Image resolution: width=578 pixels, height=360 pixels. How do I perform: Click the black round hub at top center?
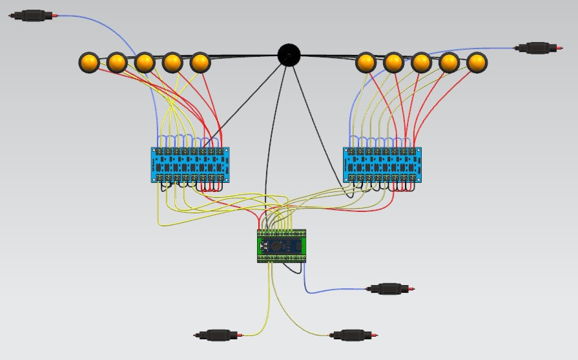(x=289, y=55)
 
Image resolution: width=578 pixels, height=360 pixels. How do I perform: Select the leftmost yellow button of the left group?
(x=89, y=63)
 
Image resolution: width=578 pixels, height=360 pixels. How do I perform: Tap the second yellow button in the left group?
(x=117, y=63)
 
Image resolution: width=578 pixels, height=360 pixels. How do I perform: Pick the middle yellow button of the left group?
(x=145, y=63)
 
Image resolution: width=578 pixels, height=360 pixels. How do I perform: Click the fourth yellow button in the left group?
(x=172, y=63)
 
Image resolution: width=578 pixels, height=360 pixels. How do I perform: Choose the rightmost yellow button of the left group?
(x=201, y=63)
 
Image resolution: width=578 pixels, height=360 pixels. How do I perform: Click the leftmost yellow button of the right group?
(x=366, y=63)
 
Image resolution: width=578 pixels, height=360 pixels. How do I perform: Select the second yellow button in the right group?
(x=393, y=63)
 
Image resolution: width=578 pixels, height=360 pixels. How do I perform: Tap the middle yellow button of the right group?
(x=421, y=63)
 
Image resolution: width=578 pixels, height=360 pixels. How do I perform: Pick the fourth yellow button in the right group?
(x=449, y=63)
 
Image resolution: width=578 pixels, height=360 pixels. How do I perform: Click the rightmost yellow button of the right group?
(x=477, y=63)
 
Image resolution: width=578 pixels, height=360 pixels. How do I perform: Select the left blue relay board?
(x=191, y=164)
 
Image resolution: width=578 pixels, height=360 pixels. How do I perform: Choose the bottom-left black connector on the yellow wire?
(x=218, y=335)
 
